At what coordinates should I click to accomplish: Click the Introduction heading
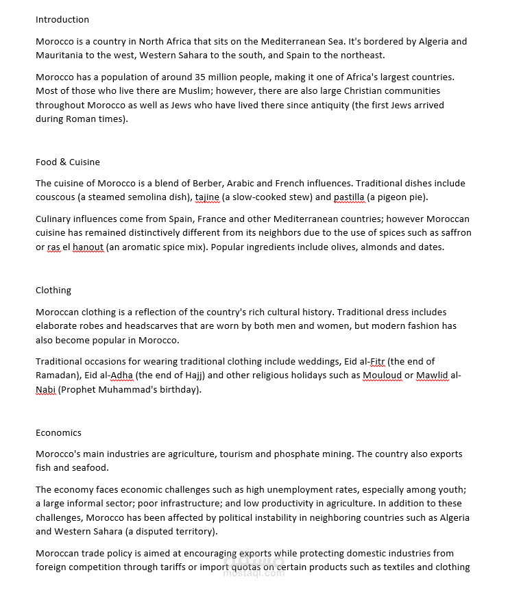[x=62, y=20]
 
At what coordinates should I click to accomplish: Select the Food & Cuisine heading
[x=68, y=162]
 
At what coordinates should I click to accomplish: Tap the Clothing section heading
[x=53, y=291]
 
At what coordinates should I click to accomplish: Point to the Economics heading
[x=58, y=433]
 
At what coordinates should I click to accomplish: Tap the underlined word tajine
[x=207, y=197]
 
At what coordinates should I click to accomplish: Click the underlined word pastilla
[x=349, y=197]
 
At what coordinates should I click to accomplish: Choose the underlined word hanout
[x=88, y=247]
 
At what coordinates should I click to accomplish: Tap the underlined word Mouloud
[x=382, y=376]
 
